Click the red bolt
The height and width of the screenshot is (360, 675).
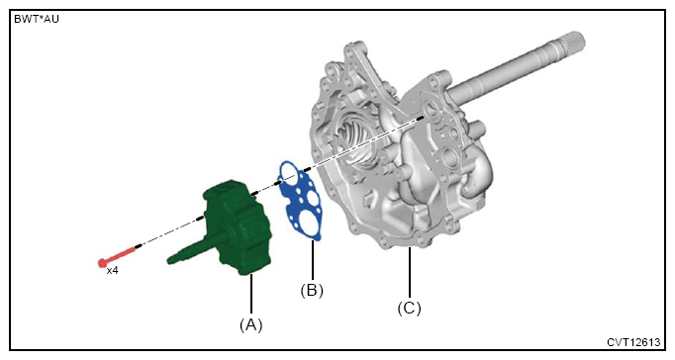(117, 256)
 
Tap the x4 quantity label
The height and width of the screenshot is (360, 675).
(113, 271)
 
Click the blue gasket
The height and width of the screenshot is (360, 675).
(300, 200)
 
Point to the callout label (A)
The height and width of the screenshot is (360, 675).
(251, 324)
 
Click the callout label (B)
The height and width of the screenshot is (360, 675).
(312, 291)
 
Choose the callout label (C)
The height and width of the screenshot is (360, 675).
(409, 308)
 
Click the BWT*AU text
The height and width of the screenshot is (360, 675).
(37, 20)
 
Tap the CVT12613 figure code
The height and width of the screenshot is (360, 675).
(633, 342)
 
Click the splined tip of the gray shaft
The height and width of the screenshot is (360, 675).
(572, 43)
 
